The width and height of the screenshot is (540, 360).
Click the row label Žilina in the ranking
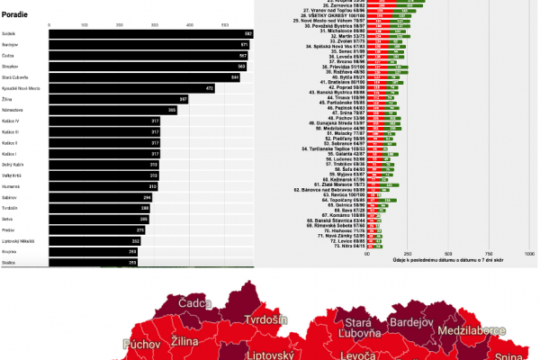pos(8,99)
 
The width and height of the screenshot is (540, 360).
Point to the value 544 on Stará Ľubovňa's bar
pos(234,77)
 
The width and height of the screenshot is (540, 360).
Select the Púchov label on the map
pos(142,344)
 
